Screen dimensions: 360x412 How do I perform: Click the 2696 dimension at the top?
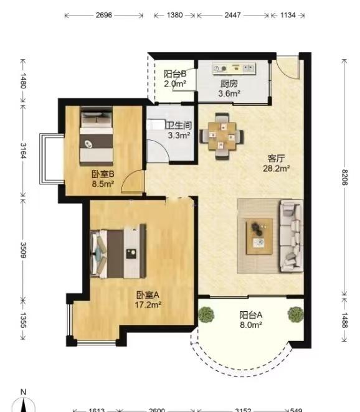coord(103,15)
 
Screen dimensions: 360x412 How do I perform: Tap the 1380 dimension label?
coord(174,15)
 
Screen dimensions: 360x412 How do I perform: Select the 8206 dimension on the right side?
coord(345,177)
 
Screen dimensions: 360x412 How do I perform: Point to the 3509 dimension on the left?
coord(24,250)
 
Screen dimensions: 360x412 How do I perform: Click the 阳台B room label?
coord(175,74)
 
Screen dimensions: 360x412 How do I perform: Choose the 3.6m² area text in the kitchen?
coord(229,93)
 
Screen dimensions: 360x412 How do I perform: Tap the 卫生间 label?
coord(179,125)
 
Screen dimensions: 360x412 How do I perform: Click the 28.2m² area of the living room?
coord(277,168)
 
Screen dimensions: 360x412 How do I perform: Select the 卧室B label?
coord(103,174)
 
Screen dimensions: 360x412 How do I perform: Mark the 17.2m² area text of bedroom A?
coord(148,305)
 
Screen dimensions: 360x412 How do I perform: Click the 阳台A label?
coord(251,315)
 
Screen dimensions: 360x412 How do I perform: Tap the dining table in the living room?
coord(222,136)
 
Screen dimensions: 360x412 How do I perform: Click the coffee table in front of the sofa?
coord(259,236)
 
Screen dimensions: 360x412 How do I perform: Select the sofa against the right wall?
coord(291,235)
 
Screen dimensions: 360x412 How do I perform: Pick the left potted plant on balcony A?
coord(206,314)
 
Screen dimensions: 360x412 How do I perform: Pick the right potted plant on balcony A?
coord(296,314)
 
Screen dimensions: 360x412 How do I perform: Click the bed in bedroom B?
coord(97,136)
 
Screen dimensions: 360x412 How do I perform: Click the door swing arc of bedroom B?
coord(130,176)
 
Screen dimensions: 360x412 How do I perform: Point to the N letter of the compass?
coord(24,392)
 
